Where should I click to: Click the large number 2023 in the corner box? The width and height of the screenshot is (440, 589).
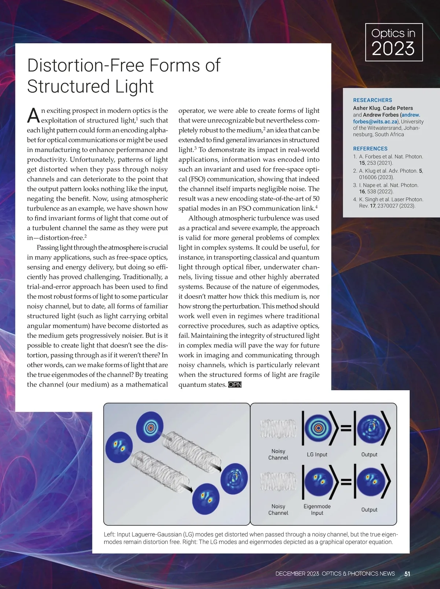click(393, 49)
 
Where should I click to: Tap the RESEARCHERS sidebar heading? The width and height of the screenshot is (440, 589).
click(373, 100)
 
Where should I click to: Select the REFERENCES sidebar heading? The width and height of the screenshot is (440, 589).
click(370, 149)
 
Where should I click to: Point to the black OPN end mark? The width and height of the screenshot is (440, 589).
click(235, 385)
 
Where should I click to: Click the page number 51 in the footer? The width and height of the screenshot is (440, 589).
click(407, 574)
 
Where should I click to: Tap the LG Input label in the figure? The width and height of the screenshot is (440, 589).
click(317, 454)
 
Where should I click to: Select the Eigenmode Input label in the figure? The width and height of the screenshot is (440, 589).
click(317, 509)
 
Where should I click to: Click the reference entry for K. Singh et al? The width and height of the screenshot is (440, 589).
click(385, 202)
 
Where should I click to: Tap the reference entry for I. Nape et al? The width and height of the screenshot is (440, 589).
click(385, 188)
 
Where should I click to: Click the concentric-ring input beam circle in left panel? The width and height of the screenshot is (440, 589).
click(150, 427)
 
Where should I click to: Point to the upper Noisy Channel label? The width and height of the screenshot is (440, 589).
click(278, 454)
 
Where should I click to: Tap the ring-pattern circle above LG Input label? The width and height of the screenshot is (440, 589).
click(317, 428)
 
